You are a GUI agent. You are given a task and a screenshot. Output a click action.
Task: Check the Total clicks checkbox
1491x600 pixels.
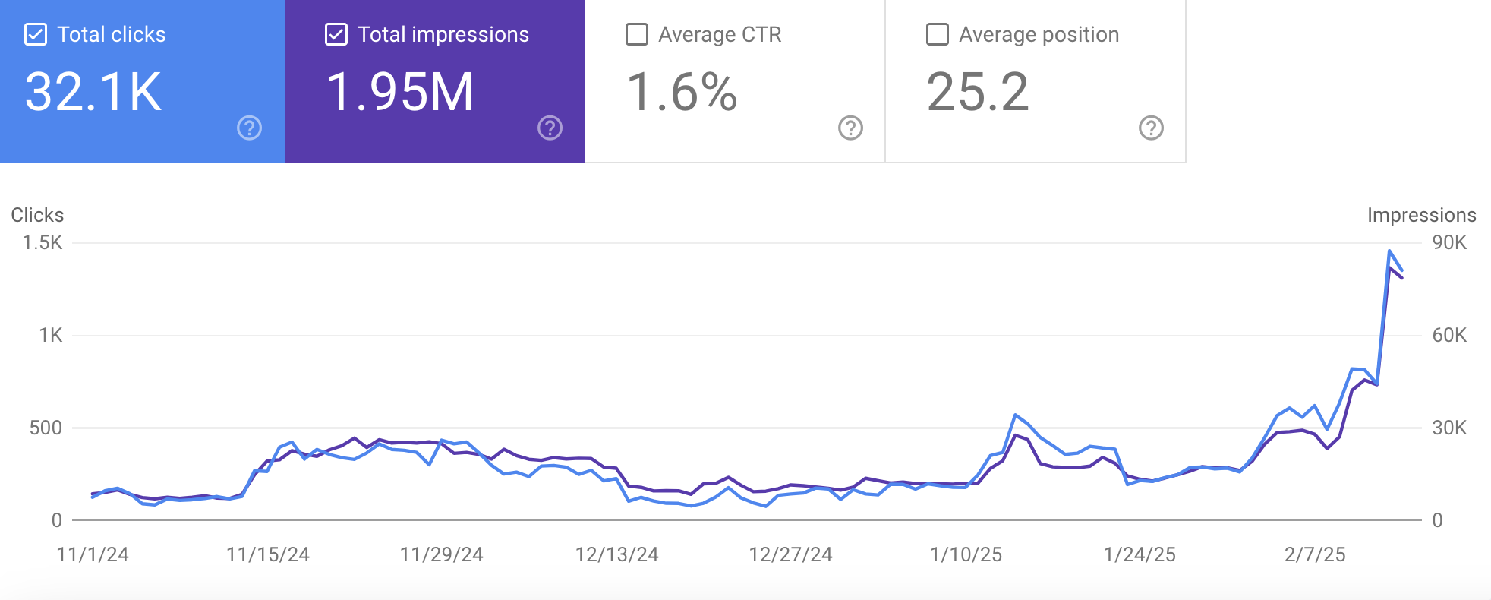(36, 35)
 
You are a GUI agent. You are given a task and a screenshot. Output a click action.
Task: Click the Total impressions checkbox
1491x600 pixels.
(336, 35)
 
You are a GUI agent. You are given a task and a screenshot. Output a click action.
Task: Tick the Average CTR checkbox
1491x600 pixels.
(637, 35)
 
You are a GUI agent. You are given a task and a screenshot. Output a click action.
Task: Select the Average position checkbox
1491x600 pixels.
(938, 35)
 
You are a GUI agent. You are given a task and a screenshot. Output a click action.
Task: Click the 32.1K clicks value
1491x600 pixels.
(93, 92)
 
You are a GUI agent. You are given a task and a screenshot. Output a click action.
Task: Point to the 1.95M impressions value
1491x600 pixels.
(400, 92)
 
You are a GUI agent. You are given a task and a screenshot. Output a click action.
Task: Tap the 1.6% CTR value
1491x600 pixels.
(682, 92)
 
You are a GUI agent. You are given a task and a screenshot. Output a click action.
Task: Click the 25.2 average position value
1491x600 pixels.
(978, 92)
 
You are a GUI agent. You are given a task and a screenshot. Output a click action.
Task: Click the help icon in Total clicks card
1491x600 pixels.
(250, 128)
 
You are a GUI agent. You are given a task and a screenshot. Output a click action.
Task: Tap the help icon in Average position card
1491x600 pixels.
(1151, 128)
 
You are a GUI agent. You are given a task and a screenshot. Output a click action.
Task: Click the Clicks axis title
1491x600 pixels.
(37, 215)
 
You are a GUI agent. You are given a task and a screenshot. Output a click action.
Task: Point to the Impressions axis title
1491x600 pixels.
(1421, 215)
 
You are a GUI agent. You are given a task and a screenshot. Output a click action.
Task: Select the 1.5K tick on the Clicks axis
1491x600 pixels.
(43, 243)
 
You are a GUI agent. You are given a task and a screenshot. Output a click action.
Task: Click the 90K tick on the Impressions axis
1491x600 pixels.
(1449, 243)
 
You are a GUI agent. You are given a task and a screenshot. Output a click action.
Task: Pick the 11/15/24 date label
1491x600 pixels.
(268, 554)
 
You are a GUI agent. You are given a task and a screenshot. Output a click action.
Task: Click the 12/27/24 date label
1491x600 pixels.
(790, 554)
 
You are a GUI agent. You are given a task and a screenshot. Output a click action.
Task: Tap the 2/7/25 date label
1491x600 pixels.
(1315, 554)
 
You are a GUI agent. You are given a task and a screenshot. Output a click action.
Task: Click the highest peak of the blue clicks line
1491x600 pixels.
(1389, 251)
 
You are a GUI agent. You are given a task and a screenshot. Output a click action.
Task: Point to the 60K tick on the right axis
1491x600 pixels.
(1449, 335)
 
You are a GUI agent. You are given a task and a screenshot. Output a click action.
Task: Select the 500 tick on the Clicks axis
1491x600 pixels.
(46, 428)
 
